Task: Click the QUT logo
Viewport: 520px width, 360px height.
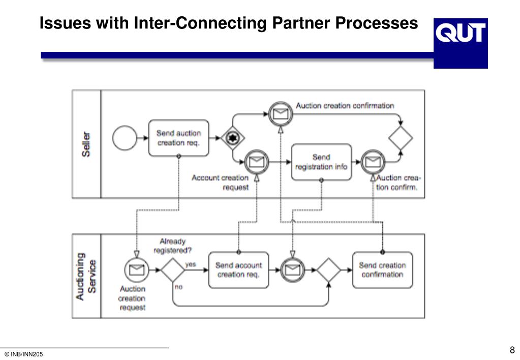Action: (x=461, y=43)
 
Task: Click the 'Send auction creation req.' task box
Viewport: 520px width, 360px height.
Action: (x=179, y=138)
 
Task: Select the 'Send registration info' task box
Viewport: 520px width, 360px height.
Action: (x=321, y=162)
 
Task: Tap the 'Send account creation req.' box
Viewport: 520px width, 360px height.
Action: (x=238, y=270)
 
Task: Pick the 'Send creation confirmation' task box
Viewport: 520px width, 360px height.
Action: (x=382, y=270)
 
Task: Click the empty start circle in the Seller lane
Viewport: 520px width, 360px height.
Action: (x=125, y=138)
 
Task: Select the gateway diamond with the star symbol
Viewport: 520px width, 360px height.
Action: (x=233, y=138)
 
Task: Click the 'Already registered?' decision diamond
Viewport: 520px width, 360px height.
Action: (x=173, y=270)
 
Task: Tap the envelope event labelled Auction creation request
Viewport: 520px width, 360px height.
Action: (x=137, y=270)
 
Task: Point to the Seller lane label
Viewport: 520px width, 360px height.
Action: (x=86, y=144)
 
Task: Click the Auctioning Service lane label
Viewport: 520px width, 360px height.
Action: (x=86, y=277)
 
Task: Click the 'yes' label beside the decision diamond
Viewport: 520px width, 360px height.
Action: (x=191, y=264)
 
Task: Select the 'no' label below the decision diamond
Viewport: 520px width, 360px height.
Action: (x=178, y=287)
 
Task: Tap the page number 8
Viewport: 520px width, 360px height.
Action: (x=512, y=350)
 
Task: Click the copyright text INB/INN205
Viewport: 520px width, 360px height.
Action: (x=24, y=354)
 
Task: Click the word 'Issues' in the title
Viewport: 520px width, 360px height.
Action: (x=66, y=23)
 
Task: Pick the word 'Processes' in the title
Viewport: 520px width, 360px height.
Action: (x=377, y=23)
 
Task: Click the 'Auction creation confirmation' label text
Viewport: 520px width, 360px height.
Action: (x=345, y=106)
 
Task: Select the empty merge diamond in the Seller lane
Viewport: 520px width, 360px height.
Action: (x=401, y=138)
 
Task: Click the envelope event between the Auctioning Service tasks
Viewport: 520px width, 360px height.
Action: (x=292, y=270)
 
